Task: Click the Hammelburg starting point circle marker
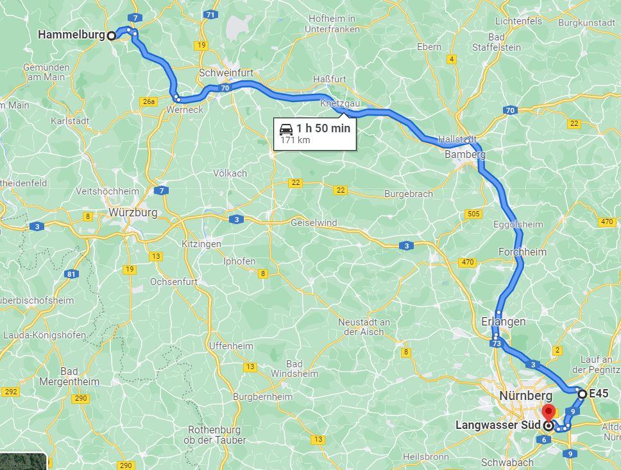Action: [x=111, y=36]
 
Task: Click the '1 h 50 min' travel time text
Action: [x=323, y=128]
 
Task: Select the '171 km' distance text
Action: [x=295, y=141]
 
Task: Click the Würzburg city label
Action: [x=133, y=213]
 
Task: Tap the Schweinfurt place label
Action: [x=225, y=73]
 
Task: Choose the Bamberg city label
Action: [x=464, y=155]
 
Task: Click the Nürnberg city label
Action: [x=525, y=396]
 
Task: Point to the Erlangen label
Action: [x=503, y=322]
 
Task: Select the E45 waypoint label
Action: [x=599, y=394]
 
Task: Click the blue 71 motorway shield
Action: [x=211, y=14]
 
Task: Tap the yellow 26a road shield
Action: [x=148, y=101]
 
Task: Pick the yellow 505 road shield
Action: [x=473, y=214]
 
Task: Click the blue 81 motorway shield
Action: [x=71, y=275]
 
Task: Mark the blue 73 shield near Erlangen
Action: [x=496, y=345]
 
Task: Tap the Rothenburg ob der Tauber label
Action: [x=214, y=435]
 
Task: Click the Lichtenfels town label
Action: [x=518, y=21]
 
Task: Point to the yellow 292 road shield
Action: [x=10, y=392]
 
